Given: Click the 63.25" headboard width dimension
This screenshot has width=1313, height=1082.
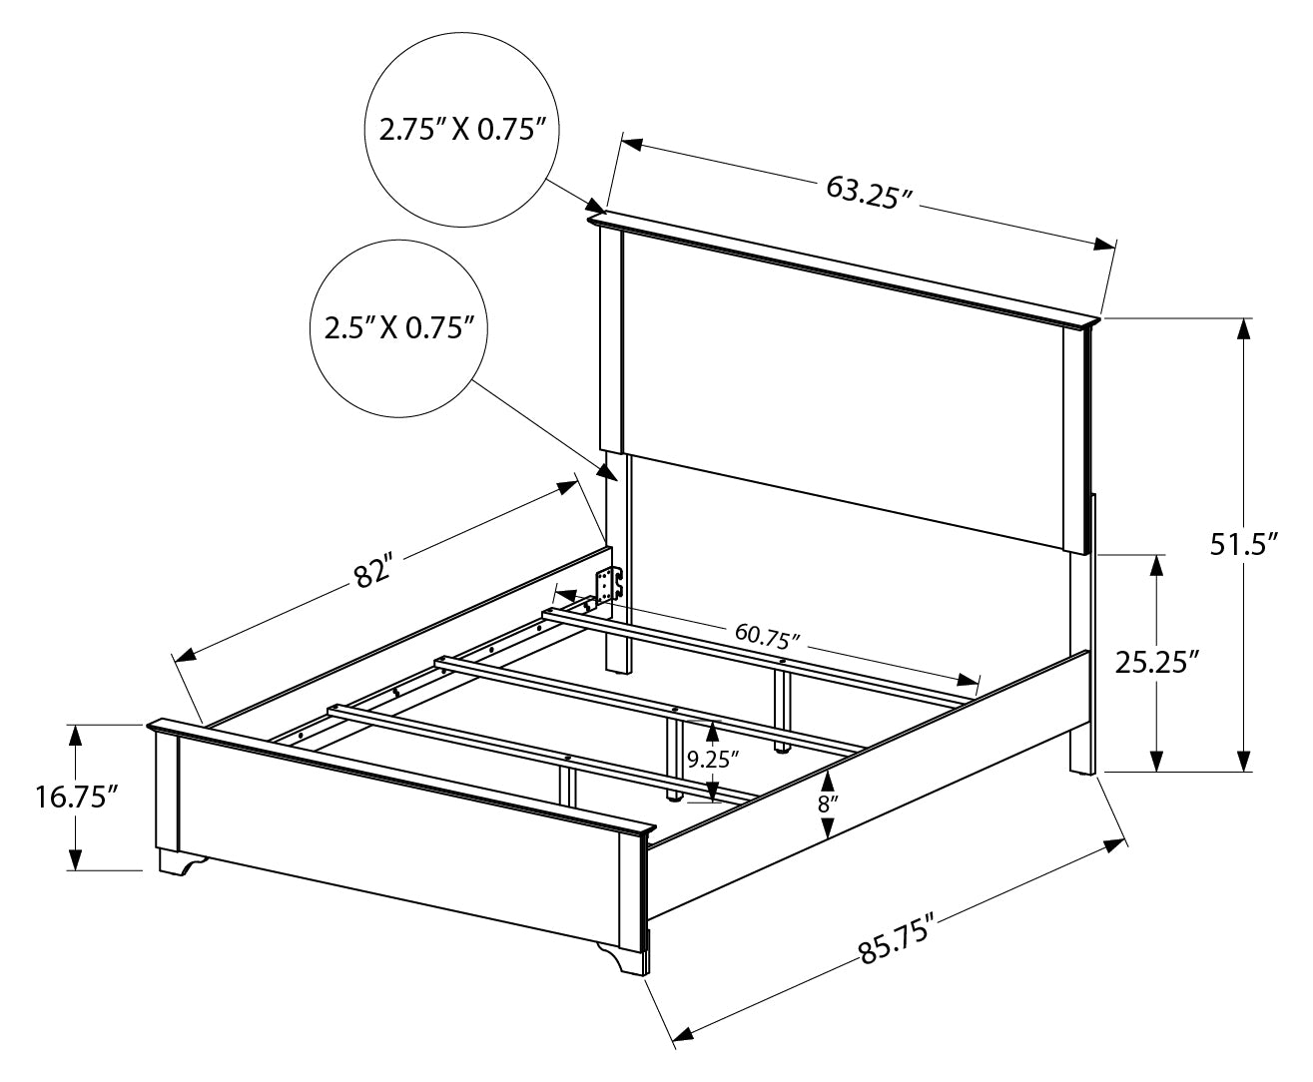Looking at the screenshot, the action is [869, 193].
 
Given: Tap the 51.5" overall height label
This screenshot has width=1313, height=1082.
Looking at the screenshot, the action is [1244, 544].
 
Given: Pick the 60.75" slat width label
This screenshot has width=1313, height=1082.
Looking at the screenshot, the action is [767, 638].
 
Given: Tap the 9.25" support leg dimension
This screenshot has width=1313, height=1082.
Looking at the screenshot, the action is [712, 761].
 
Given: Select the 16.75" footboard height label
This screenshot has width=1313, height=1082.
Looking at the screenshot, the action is [77, 798].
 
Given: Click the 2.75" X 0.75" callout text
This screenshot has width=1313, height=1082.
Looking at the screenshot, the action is [460, 130].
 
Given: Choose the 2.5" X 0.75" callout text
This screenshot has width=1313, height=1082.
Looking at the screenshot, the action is [398, 328].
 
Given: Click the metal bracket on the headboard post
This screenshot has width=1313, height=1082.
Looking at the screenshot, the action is [609, 584].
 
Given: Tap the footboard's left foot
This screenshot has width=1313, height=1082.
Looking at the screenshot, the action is [181, 861].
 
